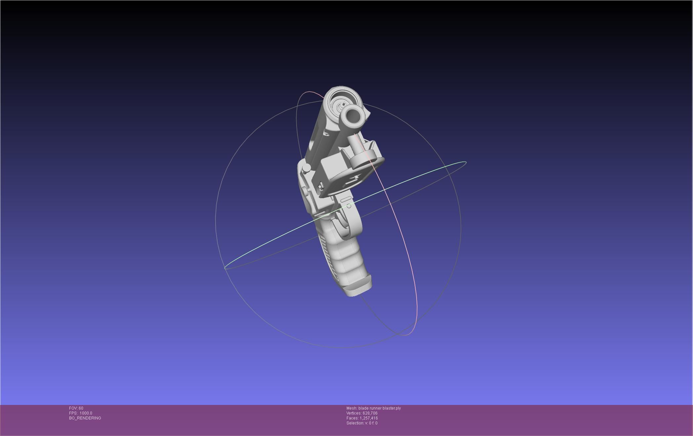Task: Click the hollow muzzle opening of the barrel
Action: click(x=353, y=116)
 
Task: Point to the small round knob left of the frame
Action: click(x=306, y=168)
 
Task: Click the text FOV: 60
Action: click(x=76, y=408)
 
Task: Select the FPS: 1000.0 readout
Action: click(x=81, y=413)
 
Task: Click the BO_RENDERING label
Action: click(x=85, y=418)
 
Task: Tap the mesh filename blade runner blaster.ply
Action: click(x=380, y=408)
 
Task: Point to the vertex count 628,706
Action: click(x=370, y=413)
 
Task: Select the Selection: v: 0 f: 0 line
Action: click(x=362, y=423)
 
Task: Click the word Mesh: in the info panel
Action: click(x=352, y=408)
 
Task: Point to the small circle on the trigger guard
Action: click(x=349, y=206)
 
